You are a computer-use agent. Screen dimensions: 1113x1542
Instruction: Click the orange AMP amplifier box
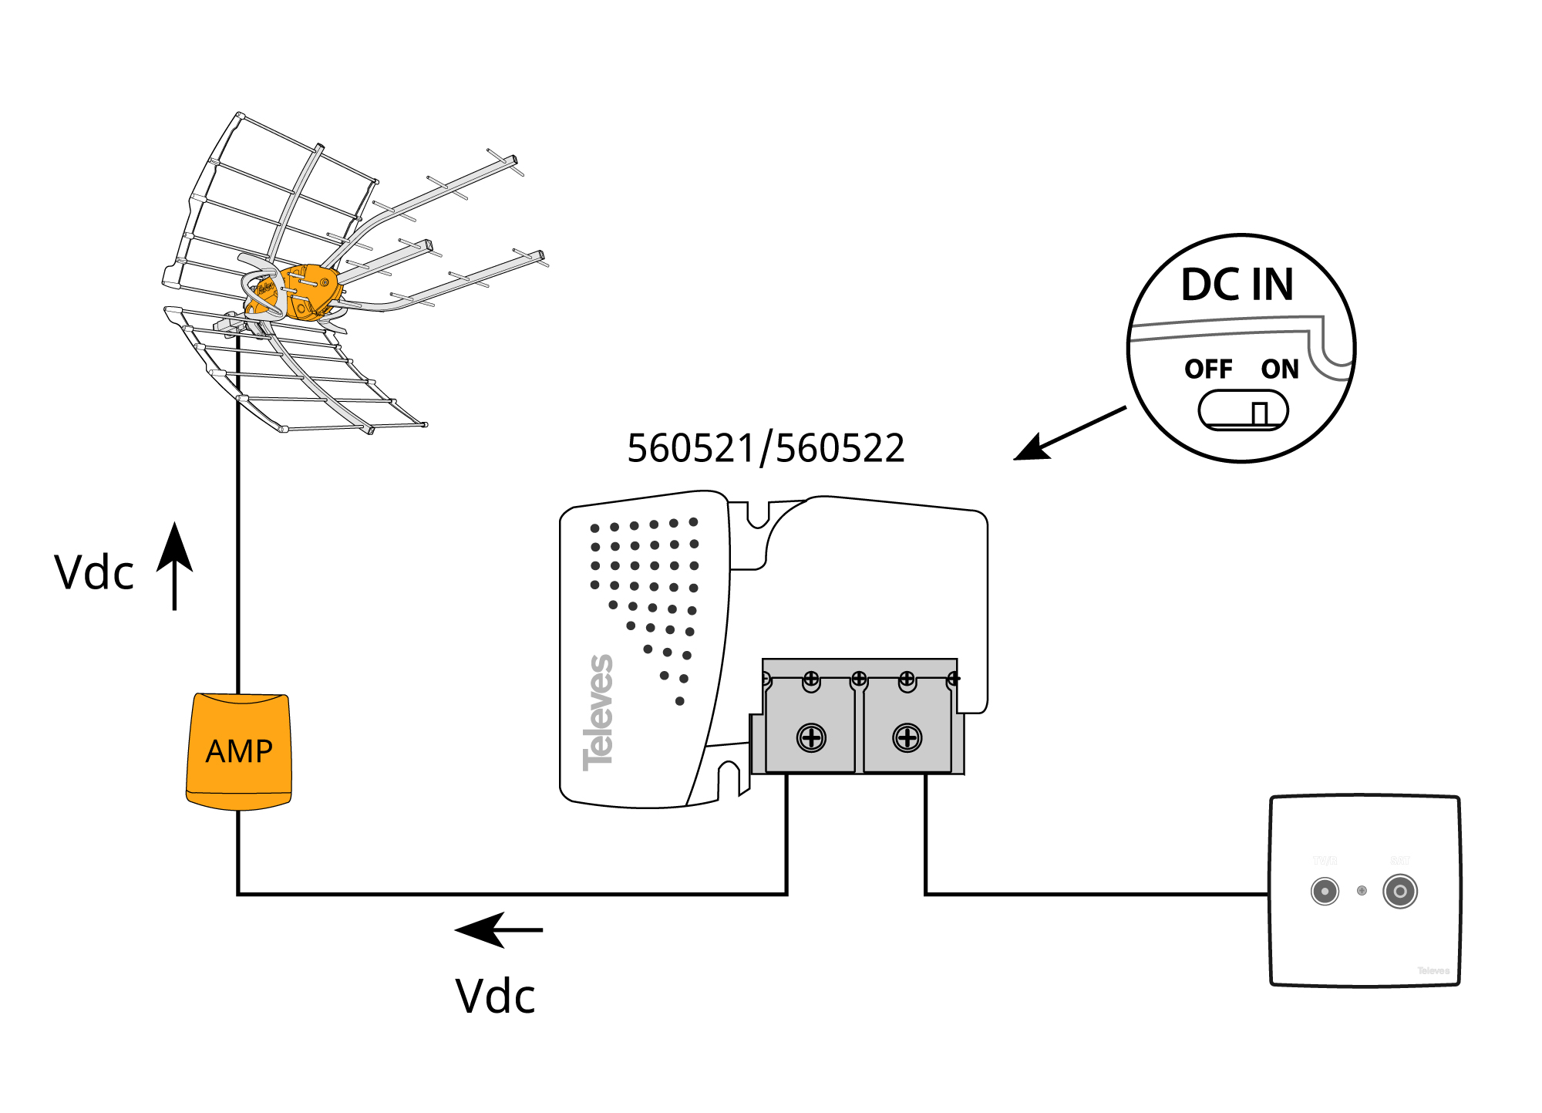click(239, 751)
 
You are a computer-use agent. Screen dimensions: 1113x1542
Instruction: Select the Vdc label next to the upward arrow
click(94, 573)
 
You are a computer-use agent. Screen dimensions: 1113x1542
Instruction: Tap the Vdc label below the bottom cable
click(495, 996)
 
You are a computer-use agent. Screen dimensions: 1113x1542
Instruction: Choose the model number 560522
click(840, 448)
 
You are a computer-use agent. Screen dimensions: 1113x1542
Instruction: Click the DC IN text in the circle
click(1237, 285)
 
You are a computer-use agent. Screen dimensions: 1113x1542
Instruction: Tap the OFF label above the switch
click(1208, 369)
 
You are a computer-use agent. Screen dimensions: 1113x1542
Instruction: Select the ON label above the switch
click(1280, 369)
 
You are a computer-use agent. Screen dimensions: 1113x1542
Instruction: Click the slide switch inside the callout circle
click(1243, 410)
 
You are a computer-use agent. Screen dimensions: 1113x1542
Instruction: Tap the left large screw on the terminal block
click(811, 737)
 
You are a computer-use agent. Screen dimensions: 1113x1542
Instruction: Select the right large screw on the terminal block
click(907, 737)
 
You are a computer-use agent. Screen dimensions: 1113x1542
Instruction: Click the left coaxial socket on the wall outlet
click(1325, 892)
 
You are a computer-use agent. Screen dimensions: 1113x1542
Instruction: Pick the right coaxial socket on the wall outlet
click(1400, 892)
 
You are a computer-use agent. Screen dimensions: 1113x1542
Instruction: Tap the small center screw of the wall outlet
click(1362, 891)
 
